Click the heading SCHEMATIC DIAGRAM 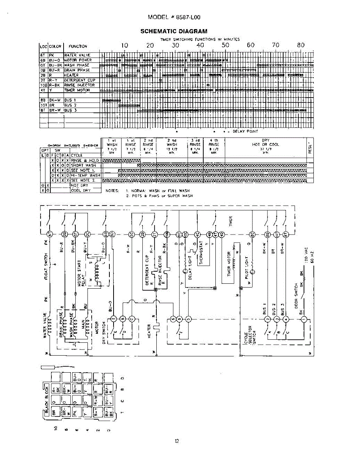click(174, 31)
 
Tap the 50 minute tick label click(225, 45)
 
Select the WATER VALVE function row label click(77, 55)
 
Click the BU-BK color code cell click(55, 65)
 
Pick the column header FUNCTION click(78, 46)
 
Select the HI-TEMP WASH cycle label click(85, 176)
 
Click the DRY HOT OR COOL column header click(265, 143)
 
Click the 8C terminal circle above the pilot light click(252, 234)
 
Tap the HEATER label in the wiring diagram click(150, 331)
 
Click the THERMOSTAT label click(202, 252)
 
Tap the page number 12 click(177, 440)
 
